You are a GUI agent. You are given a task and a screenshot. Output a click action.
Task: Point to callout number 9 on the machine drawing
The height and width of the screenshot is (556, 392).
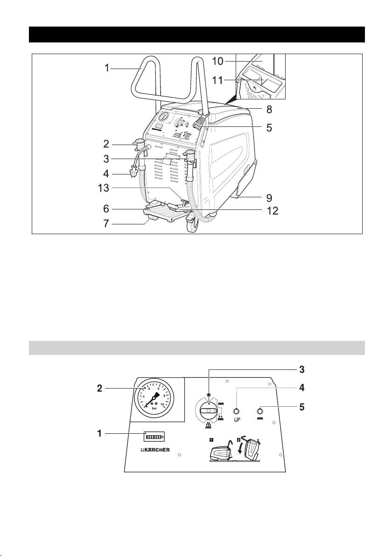pyautogui.click(x=269, y=197)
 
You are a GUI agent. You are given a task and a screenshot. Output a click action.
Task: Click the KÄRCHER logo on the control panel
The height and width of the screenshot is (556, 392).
pyautogui.click(x=155, y=451)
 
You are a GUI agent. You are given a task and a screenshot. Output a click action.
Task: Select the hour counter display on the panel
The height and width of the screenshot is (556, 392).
pyautogui.click(x=155, y=437)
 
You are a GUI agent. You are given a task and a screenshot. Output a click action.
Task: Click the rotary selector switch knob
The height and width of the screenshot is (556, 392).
pyautogui.click(x=210, y=411)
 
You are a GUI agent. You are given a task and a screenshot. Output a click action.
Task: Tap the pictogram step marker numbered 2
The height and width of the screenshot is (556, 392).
pyautogui.click(x=239, y=439)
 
